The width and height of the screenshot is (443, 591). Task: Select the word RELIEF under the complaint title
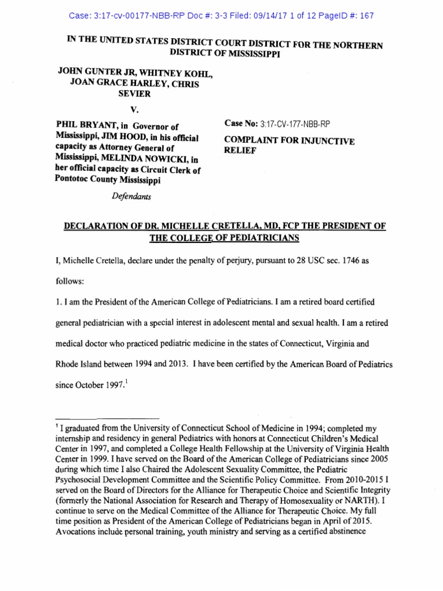[238, 151]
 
